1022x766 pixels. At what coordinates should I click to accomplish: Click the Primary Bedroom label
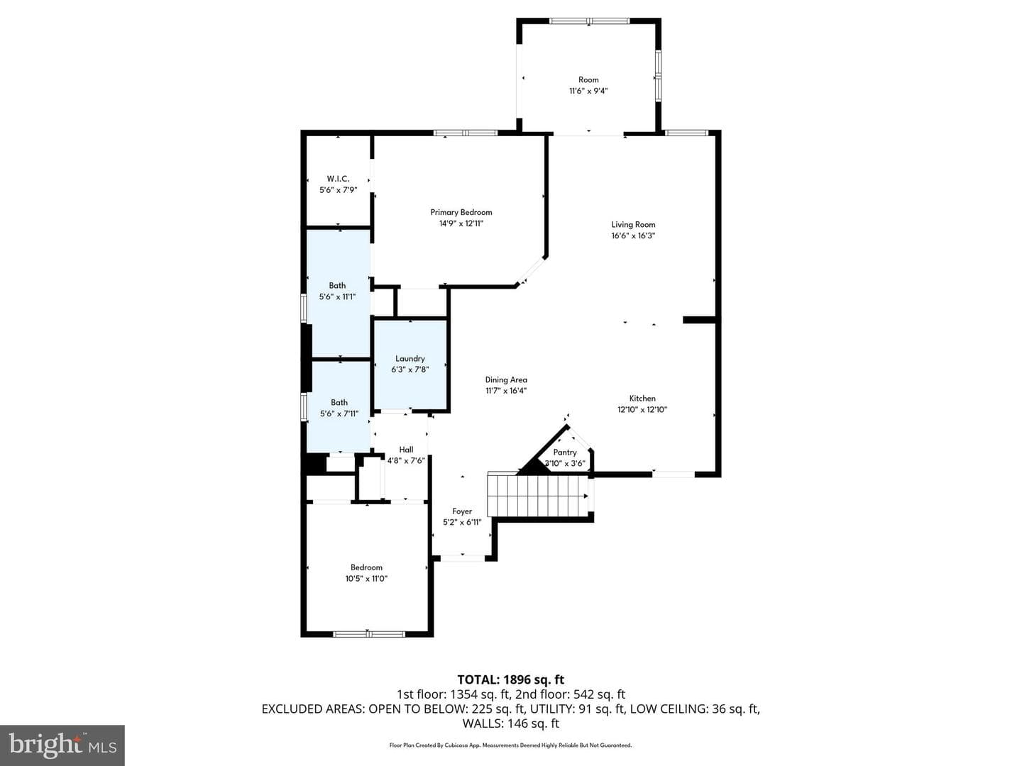pyautogui.click(x=461, y=213)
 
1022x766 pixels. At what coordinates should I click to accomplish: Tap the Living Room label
pyautogui.click(x=633, y=225)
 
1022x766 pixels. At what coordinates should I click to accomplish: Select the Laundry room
pyautogui.click(x=410, y=364)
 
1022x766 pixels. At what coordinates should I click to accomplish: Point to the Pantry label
pyautogui.click(x=565, y=452)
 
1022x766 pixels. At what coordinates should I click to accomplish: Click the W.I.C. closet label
pyautogui.click(x=338, y=179)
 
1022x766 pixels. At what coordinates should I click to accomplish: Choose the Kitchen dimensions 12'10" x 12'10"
pyautogui.click(x=642, y=410)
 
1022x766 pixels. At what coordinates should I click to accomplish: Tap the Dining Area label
pyautogui.click(x=506, y=380)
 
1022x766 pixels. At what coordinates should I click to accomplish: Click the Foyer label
pyautogui.click(x=462, y=511)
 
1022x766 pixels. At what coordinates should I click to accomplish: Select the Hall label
pyautogui.click(x=406, y=450)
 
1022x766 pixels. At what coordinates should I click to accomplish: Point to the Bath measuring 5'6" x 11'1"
pyautogui.click(x=338, y=294)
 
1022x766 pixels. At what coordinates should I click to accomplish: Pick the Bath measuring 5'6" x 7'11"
pyautogui.click(x=339, y=407)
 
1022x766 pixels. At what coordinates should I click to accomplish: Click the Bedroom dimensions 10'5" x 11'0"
pyautogui.click(x=366, y=579)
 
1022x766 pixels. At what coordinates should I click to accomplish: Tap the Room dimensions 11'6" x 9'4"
pyautogui.click(x=588, y=91)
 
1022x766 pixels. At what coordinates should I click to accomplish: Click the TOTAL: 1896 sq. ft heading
pyautogui.click(x=511, y=680)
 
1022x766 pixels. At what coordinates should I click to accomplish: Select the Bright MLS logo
pyautogui.click(x=62, y=745)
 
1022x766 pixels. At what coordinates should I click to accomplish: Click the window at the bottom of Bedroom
pyautogui.click(x=369, y=634)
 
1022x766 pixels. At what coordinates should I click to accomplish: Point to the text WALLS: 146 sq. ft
pyautogui.click(x=511, y=723)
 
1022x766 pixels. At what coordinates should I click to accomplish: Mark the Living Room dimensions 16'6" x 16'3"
pyautogui.click(x=633, y=235)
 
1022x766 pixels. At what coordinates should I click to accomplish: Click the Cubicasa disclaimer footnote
pyautogui.click(x=511, y=745)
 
